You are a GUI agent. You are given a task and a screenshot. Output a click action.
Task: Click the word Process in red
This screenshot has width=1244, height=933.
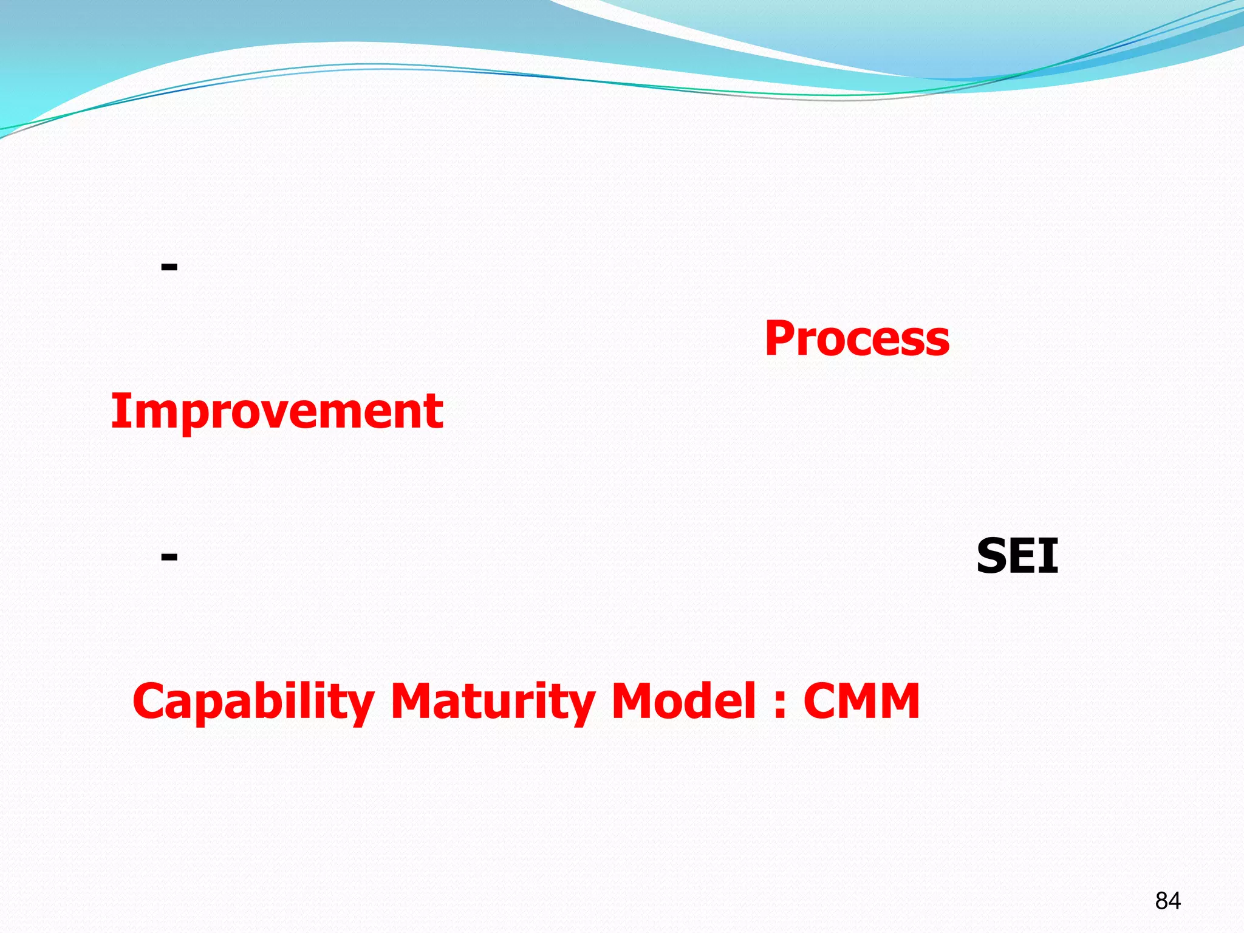point(856,338)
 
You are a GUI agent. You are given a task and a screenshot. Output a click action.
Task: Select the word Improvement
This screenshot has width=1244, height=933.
point(277,411)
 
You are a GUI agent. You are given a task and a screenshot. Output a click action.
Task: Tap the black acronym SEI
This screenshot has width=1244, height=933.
point(1017,556)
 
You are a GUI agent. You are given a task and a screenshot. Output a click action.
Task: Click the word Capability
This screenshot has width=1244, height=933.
point(253,702)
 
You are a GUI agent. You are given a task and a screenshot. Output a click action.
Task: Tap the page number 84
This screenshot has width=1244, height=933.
point(1167,901)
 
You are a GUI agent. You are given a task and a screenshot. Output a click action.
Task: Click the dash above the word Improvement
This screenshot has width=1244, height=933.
point(169,266)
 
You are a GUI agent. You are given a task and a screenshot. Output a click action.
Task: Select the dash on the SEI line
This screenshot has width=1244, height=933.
point(169,556)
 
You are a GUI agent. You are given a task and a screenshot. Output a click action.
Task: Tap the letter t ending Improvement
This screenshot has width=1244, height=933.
point(436,412)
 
